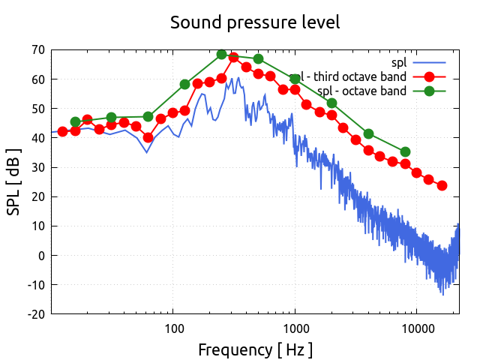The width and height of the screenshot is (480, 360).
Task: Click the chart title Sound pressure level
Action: pyautogui.click(x=255, y=22)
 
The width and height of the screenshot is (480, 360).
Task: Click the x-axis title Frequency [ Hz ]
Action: pyautogui.click(x=255, y=349)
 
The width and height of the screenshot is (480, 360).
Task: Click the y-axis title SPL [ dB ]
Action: pyautogui.click(x=14, y=181)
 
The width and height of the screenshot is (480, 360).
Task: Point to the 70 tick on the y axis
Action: pyautogui.click(x=37, y=50)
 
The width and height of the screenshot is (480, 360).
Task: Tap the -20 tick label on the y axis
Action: pyautogui.click(x=35, y=314)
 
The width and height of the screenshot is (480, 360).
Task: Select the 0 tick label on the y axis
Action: pyautogui.click(x=40, y=256)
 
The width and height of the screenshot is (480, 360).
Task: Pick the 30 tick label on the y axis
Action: pyautogui.click(x=37, y=167)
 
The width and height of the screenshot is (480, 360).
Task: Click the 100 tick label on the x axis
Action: pyautogui.click(x=173, y=328)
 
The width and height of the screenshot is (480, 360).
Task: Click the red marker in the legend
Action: pyautogui.click(x=429, y=76)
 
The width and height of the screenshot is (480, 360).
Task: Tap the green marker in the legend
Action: pyautogui.click(x=429, y=91)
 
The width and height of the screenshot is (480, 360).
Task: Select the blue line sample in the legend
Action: pyautogui.click(x=429, y=61)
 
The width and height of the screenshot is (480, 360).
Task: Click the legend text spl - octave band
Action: pyautogui.click(x=361, y=91)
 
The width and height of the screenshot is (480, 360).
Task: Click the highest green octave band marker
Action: pyautogui.click(x=222, y=55)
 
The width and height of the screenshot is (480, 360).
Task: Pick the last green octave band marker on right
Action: pyautogui.click(x=406, y=152)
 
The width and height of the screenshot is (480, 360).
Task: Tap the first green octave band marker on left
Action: pyautogui.click(x=75, y=121)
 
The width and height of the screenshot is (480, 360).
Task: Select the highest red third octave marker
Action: pyautogui.click(x=233, y=57)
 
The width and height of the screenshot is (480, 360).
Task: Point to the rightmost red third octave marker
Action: pyautogui.click(x=442, y=185)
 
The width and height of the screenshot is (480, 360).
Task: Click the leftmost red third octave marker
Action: pyautogui.click(x=63, y=131)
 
